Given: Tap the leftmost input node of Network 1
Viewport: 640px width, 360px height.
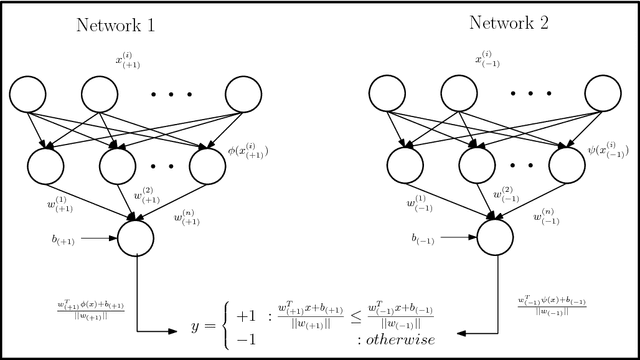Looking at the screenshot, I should coord(31,97).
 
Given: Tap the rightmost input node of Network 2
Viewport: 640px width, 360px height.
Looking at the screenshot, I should coord(608,97).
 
